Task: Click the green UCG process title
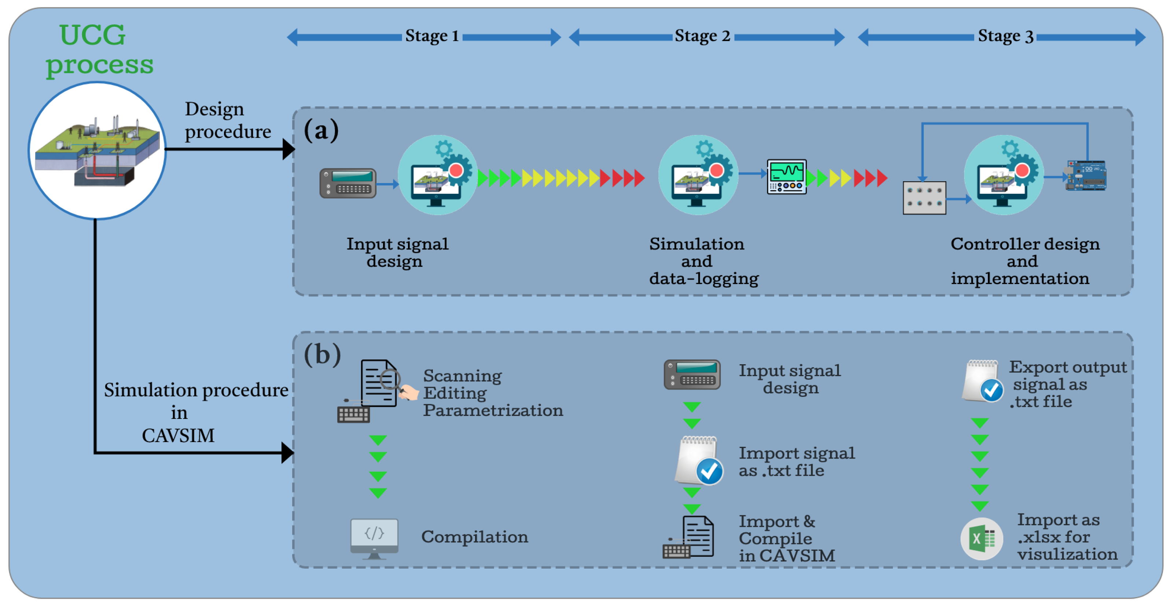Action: [x=99, y=50]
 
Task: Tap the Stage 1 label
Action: [x=431, y=36]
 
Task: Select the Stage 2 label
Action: [x=702, y=36]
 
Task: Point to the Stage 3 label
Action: [x=1005, y=36]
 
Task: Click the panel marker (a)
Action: [x=321, y=131]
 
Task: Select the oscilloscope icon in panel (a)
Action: [x=786, y=176]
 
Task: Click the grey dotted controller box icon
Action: [x=924, y=198]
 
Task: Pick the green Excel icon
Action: [x=981, y=539]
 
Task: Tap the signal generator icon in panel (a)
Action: [x=347, y=183]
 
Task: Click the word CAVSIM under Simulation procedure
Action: [x=178, y=435]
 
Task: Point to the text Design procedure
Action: [x=227, y=120]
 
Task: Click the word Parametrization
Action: [x=493, y=410]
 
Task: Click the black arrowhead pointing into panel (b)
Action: [x=287, y=453]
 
